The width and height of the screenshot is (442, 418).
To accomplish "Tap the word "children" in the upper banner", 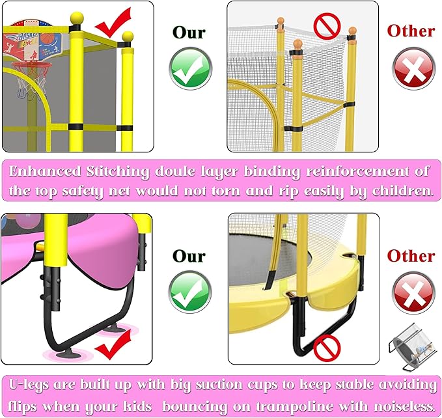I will coord(394,191).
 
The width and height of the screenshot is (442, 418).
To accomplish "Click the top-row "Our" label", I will coord(189,32).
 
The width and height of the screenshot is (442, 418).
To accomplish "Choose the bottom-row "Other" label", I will coord(411,256).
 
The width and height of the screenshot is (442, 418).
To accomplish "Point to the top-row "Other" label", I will coord(411,31).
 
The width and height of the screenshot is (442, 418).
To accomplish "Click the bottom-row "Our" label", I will coord(189,256).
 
